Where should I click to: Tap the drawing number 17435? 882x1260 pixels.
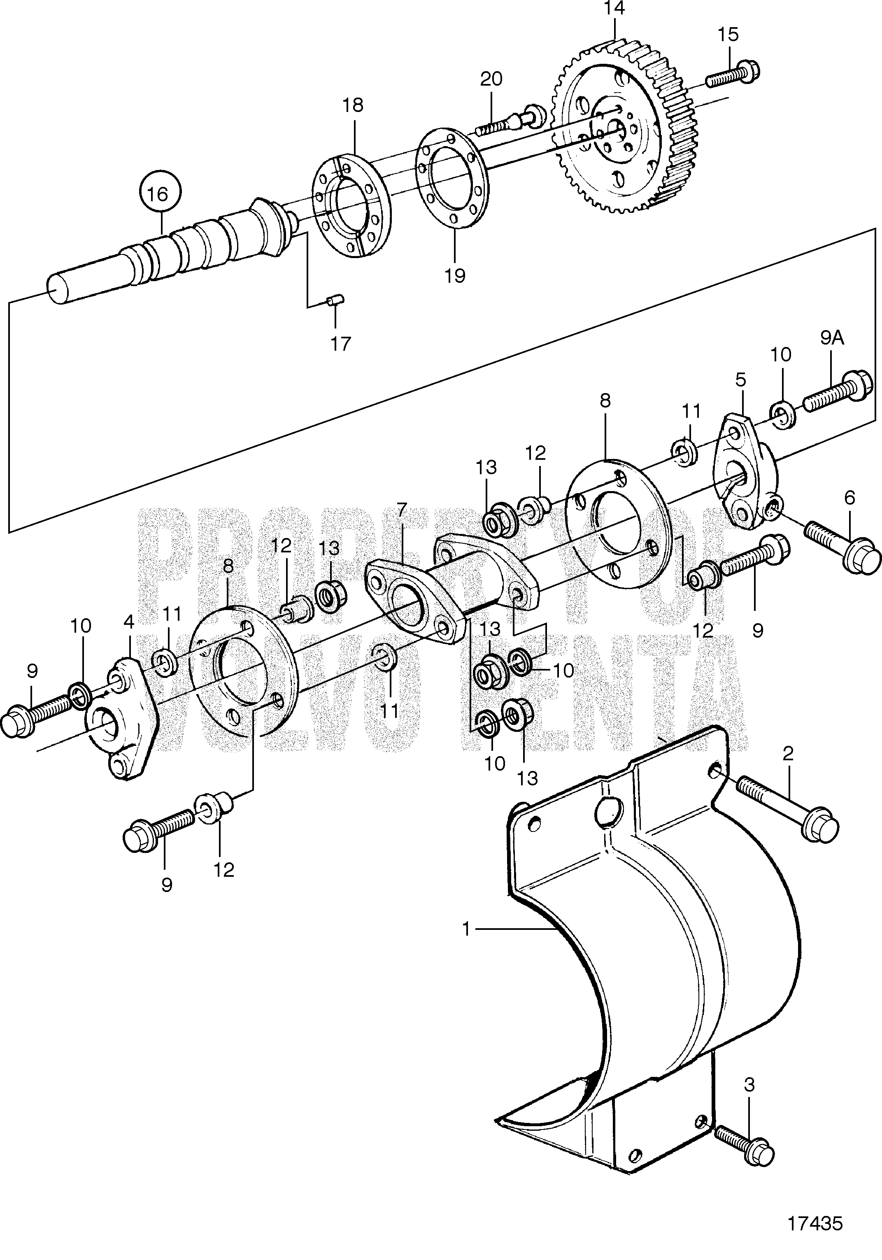(x=815, y=1224)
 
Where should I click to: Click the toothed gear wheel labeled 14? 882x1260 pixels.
(x=624, y=127)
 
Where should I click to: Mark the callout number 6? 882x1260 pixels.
(x=849, y=498)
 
